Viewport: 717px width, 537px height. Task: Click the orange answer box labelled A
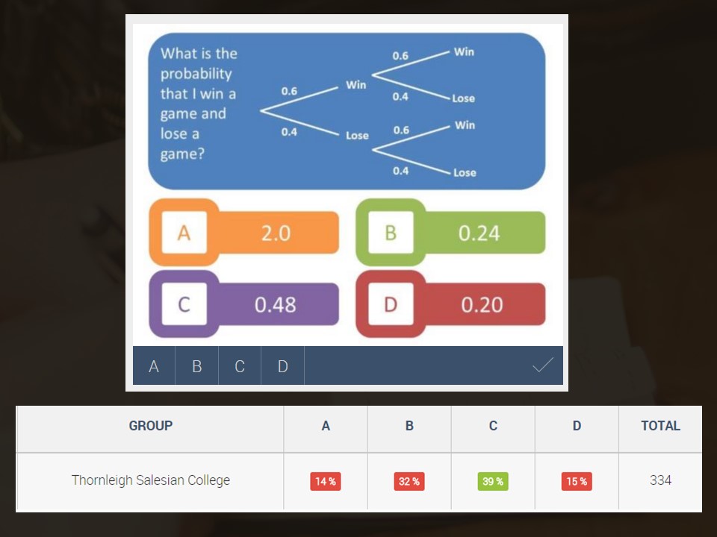click(244, 233)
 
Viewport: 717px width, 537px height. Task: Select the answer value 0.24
click(479, 233)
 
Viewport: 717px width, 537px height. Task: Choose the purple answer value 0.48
click(276, 304)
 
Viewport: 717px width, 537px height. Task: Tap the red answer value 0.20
click(482, 304)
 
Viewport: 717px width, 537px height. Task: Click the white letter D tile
click(391, 304)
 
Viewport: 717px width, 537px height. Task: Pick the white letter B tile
click(391, 233)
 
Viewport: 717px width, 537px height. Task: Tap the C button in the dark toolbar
click(240, 365)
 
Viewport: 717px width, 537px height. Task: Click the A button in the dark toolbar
click(154, 365)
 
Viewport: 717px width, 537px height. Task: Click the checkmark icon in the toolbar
click(543, 365)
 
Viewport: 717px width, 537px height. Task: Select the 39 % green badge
click(493, 481)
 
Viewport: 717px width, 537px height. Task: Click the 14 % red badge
click(326, 481)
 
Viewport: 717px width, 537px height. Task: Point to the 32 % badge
click(409, 481)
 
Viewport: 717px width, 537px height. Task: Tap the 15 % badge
click(577, 481)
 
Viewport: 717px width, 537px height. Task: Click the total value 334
click(660, 480)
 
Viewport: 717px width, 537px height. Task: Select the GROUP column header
click(150, 426)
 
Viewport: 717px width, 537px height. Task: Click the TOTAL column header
click(660, 426)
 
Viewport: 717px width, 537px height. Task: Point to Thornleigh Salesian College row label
click(150, 480)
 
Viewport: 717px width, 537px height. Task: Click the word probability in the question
click(196, 74)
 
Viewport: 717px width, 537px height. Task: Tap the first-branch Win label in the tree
click(356, 85)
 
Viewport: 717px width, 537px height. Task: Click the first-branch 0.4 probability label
click(289, 132)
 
